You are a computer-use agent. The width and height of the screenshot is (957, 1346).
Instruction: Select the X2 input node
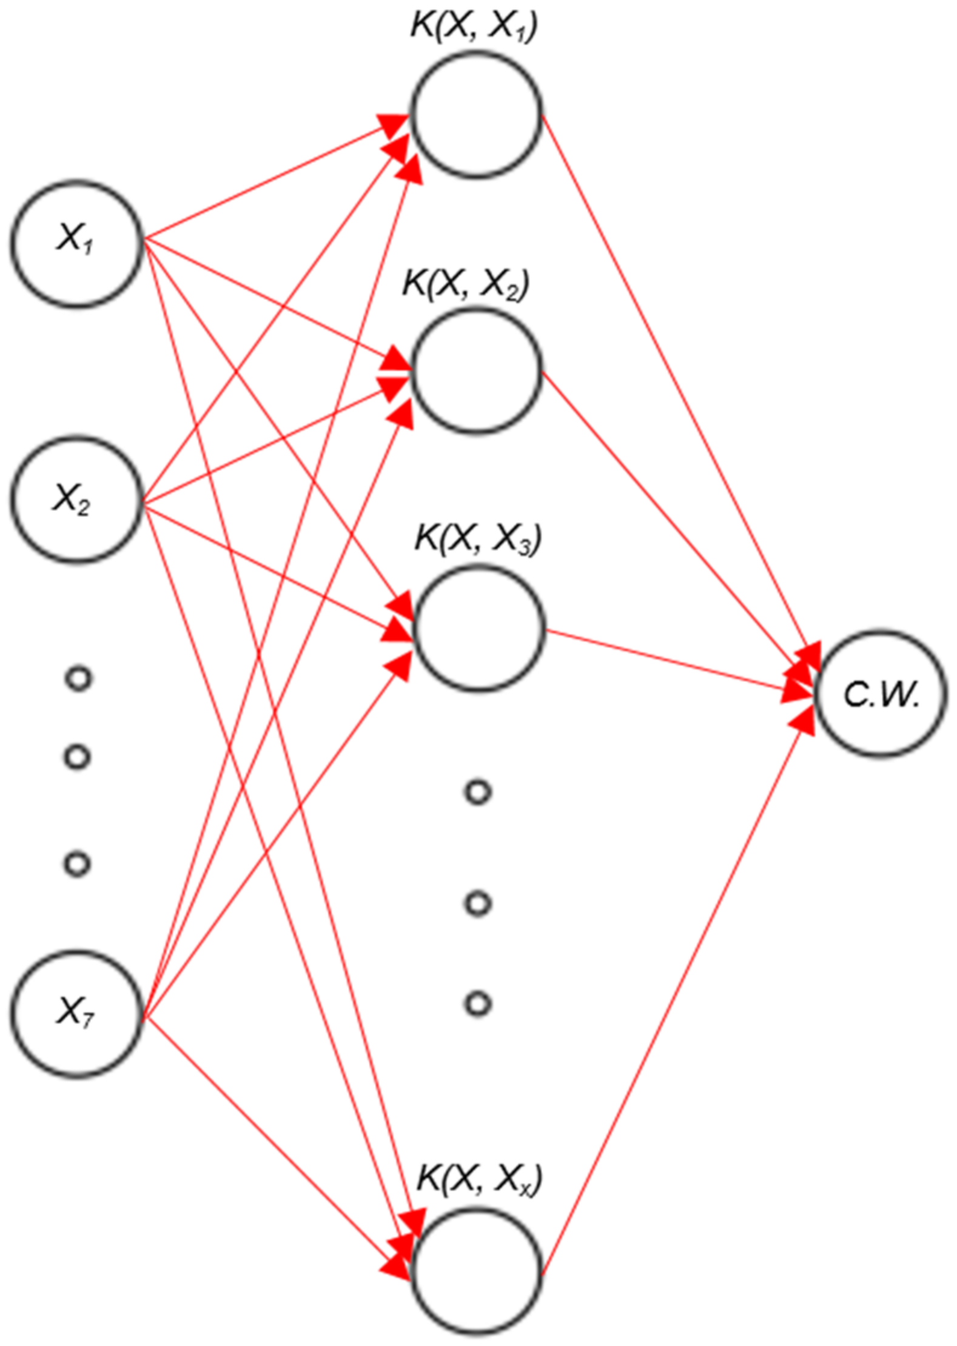76,499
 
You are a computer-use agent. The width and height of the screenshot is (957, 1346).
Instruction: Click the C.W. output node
881,694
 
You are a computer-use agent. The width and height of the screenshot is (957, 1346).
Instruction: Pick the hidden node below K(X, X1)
477,115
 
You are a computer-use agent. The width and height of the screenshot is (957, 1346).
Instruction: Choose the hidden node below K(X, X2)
477,371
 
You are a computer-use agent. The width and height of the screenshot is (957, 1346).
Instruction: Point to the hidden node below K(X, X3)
480,628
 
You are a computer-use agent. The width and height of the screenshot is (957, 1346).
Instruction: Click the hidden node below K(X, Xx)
477,1268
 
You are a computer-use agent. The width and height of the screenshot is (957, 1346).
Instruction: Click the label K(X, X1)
474,27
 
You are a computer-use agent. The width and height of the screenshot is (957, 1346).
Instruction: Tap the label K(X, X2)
466,283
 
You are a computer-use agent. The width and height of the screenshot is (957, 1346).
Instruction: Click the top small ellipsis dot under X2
78,679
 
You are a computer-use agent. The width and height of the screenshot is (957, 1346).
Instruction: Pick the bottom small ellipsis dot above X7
77,864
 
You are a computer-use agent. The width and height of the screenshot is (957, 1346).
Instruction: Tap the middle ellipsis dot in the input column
77,757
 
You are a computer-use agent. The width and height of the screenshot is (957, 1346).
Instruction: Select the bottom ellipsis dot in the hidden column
478,1003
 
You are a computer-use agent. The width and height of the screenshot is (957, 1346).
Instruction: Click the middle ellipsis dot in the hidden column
478,904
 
